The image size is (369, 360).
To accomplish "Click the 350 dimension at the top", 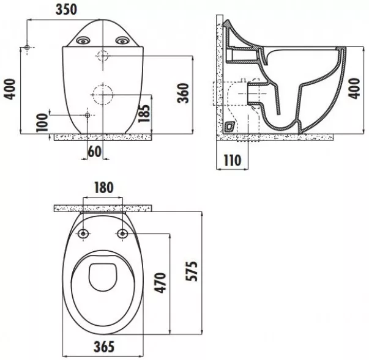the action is [x=66, y=9].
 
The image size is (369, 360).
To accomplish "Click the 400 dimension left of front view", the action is [x=10, y=89].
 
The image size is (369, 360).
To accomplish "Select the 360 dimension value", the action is [x=184, y=93].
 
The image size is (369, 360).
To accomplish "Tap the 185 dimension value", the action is [x=144, y=113].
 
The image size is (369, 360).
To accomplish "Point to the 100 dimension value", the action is [x=42, y=122].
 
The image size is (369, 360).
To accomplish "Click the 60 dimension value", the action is [x=95, y=152].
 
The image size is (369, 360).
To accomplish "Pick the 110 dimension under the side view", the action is [x=233, y=160].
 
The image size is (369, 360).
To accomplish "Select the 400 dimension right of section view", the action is [x=354, y=89].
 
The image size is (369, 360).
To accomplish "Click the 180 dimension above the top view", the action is [x=103, y=188].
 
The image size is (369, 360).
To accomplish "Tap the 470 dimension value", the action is [x=160, y=283].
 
